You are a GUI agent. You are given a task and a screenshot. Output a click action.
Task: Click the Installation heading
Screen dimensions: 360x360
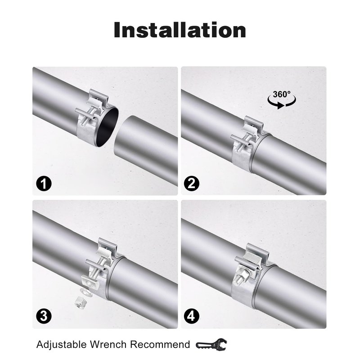(180, 30)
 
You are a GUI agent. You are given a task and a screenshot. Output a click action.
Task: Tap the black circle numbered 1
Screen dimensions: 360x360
(44, 184)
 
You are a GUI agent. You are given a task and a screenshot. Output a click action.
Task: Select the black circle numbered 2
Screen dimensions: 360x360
(191, 184)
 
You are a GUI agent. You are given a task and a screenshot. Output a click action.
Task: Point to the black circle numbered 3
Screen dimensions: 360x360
(44, 316)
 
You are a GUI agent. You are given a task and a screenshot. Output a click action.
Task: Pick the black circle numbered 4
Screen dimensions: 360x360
(191, 316)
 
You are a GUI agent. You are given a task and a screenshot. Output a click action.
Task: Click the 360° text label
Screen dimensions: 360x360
(282, 94)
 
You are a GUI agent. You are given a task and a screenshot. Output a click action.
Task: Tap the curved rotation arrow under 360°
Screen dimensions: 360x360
(282, 104)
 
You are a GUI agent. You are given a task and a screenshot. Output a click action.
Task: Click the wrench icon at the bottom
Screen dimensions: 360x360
(211, 344)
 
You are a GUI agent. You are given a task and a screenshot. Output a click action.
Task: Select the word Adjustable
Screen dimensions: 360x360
(61, 345)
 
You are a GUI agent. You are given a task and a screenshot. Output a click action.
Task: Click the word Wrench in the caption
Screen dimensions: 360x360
(108, 344)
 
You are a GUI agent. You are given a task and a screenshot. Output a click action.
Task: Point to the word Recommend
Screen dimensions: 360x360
(160, 344)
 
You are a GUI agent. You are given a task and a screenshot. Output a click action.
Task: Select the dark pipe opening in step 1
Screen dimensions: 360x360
(108, 127)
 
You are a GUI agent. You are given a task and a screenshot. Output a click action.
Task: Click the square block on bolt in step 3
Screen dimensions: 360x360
(90, 282)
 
